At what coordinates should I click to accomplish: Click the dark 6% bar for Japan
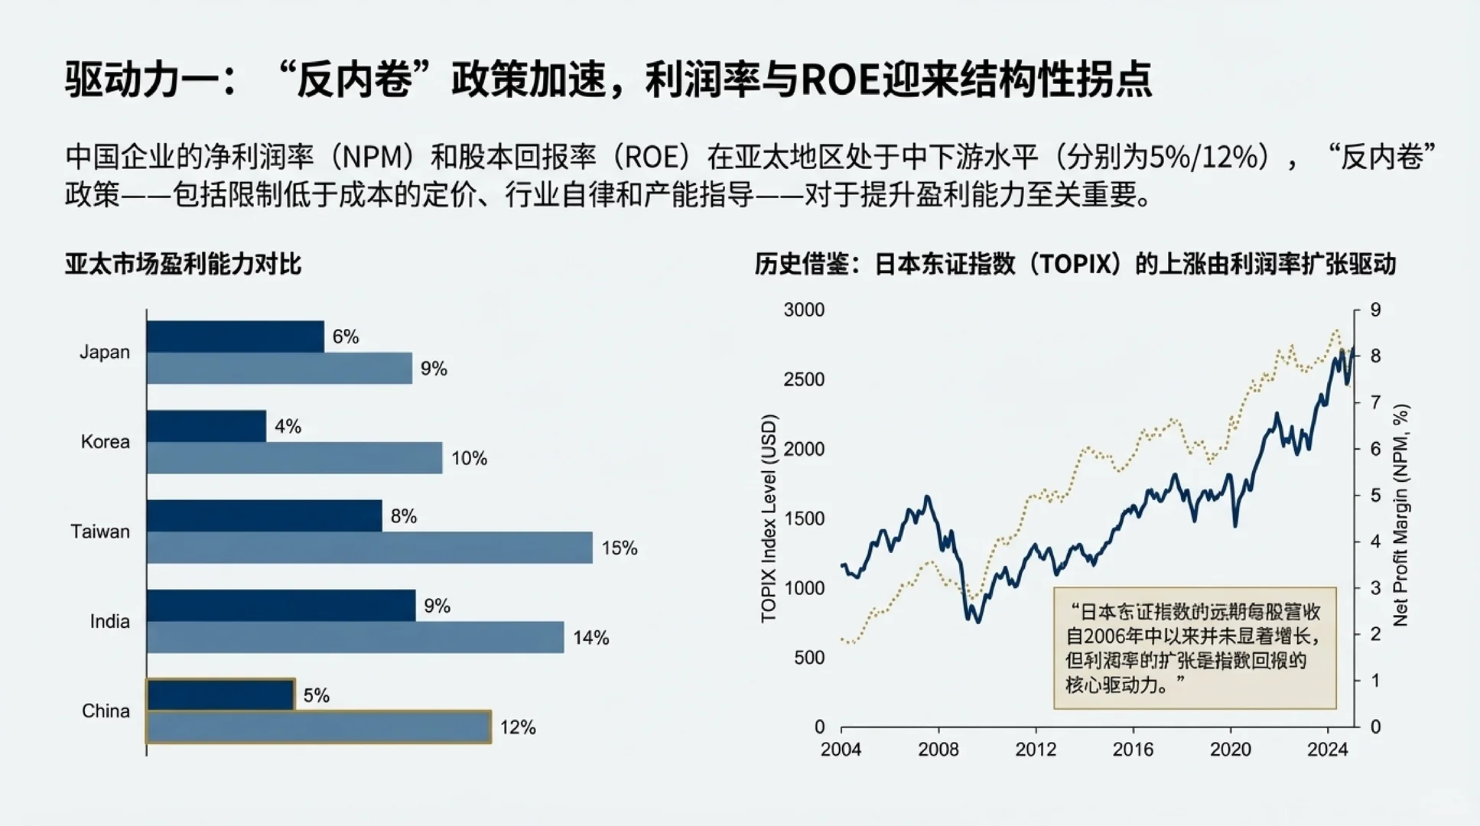click(x=235, y=337)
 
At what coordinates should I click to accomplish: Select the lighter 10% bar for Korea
click(x=294, y=458)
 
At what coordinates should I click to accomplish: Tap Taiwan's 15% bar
click(x=369, y=548)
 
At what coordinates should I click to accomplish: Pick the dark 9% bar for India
click(x=281, y=606)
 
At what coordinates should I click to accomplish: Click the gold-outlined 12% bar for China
click(x=318, y=727)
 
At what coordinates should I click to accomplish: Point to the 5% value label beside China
click(x=316, y=695)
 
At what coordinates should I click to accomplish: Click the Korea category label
click(x=106, y=442)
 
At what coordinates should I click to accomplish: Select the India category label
click(x=110, y=621)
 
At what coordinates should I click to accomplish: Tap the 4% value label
click(x=288, y=427)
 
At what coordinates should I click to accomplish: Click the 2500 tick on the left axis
click(x=804, y=379)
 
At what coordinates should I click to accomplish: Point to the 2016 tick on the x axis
click(x=1133, y=750)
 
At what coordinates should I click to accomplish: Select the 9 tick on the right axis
click(x=1375, y=310)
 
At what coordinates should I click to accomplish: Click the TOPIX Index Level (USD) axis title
click(x=769, y=519)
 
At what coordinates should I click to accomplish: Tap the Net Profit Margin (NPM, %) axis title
click(x=1400, y=515)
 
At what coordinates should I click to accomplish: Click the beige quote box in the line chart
click(x=1195, y=648)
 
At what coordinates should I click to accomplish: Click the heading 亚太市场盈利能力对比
click(x=183, y=264)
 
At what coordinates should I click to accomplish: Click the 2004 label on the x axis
click(x=841, y=750)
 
